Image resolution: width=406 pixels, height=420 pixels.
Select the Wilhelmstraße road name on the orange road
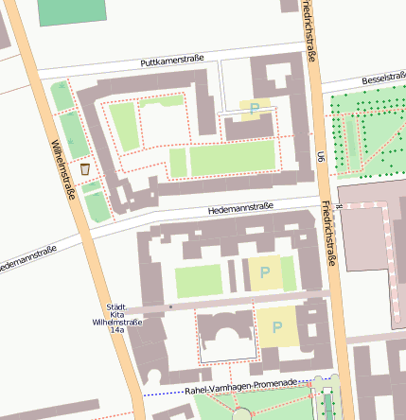(69, 171)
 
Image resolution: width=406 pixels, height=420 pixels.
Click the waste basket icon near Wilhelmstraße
(85, 169)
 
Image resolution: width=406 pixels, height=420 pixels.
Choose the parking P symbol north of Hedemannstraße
(254, 110)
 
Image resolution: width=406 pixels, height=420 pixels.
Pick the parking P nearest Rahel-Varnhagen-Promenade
(277, 327)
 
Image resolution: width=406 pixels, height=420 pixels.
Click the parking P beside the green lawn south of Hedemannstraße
(264, 271)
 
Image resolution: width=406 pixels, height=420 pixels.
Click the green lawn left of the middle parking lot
(198, 280)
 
